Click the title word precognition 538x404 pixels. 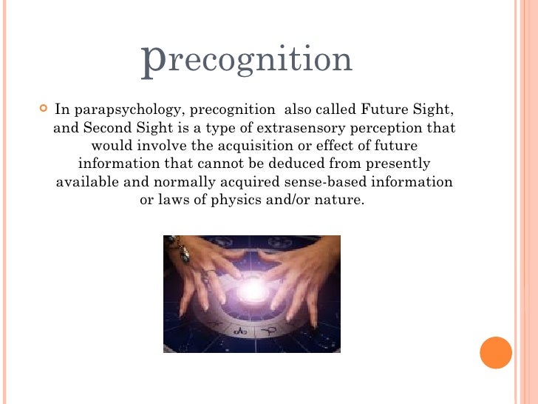(x=247, y=60)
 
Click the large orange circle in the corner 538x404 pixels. (x=496, y=352)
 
